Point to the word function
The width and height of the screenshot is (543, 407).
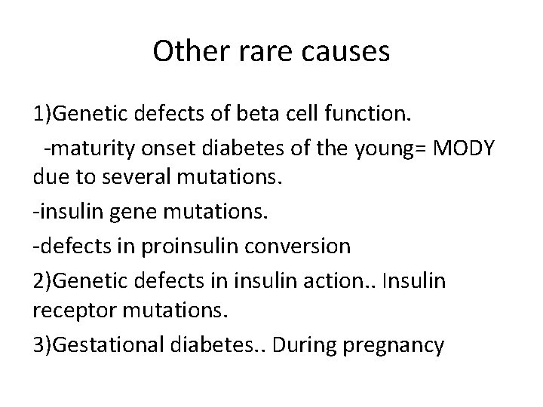click(370, 116)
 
